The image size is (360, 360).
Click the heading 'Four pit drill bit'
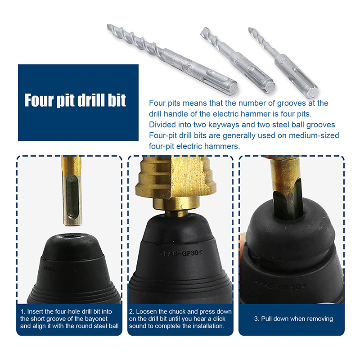(75, 100)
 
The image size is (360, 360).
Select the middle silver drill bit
(238, 60)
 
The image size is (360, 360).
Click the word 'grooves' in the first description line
(291, 103)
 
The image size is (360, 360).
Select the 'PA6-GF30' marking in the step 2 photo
(181, 253)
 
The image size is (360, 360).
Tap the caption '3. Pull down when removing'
(293, 319)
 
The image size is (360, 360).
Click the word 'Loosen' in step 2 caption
(146, 311)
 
